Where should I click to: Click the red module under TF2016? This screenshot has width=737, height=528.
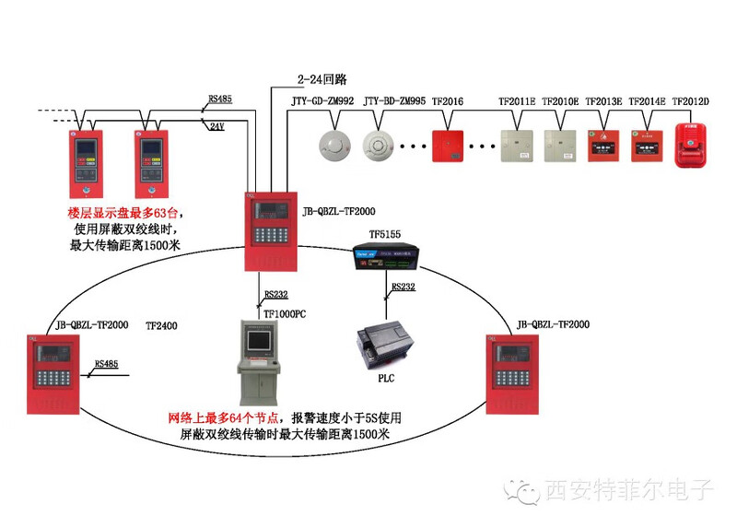(x=448, y=146)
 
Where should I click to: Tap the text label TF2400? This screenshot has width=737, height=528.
(x=161, y=326)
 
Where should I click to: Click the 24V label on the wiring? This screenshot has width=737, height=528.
(x=216, y=126)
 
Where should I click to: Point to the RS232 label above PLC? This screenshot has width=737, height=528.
(x=404, y=287)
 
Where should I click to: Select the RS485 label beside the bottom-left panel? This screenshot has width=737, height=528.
(x=106, y=364)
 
